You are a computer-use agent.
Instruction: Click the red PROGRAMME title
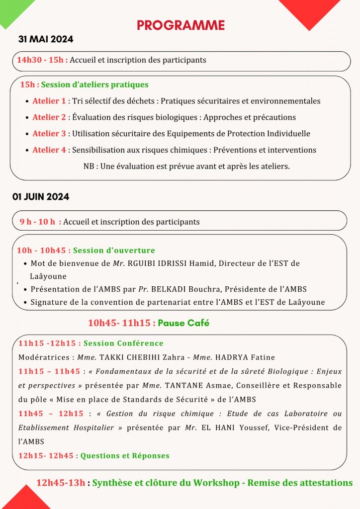[x=180, y=25]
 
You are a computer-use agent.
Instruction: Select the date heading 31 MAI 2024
[x=46, y=40]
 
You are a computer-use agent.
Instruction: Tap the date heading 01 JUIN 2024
[x=41, y=197]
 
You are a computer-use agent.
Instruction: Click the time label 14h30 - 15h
[x=41, y=60]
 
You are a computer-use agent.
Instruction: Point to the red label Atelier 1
[x=49, y=101]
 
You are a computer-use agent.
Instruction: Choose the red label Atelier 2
[x=49, y=117]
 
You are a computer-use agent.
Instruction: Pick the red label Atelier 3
[x=49, y=133]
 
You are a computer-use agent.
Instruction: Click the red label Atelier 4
[x=49, y=150]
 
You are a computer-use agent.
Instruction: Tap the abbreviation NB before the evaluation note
[x=89, y=166]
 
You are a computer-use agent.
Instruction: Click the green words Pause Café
[x=183, y=323]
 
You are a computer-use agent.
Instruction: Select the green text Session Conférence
[x=123, y=343]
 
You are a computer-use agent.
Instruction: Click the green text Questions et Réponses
[x=125, y=456]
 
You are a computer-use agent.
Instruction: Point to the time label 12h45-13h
[x=61, y=483]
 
